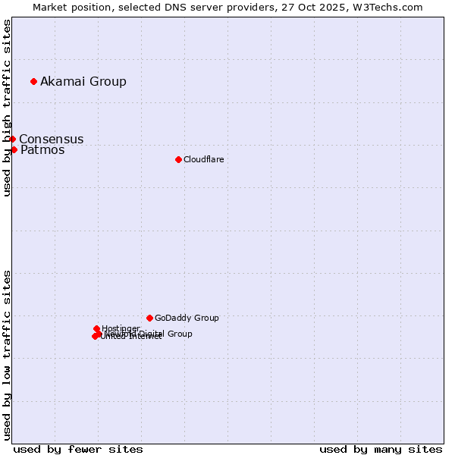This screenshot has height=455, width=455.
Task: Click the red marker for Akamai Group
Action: [x=33, y=81]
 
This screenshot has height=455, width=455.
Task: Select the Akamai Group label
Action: [x=83, y=82]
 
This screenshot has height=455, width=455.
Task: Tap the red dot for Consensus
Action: [x=12, y=139]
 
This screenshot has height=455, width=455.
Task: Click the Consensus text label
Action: [x=52, y=140]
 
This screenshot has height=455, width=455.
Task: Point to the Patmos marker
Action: [x=14, y=149]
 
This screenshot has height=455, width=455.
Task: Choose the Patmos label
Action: [x=42, y=150]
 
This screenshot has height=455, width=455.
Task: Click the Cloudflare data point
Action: [x=178, y=159]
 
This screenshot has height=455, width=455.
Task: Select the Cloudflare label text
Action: [x=203, y=160]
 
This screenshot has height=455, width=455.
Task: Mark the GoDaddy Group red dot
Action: [x=149, y=318]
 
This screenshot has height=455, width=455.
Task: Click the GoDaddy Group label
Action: [x=187, y=318]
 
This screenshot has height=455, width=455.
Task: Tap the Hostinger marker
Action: [x=96, y=328]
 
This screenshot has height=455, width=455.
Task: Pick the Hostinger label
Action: [x=121, y=328]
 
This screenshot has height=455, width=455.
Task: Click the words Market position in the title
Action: [x=69, y=8]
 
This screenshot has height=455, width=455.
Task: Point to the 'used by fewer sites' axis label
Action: [x=78, y=450]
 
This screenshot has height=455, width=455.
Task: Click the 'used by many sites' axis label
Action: [x=381, y=450]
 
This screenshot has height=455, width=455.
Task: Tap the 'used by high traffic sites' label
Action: [x=8, y=108]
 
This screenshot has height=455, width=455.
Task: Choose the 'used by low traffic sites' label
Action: [x=8, y=355]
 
